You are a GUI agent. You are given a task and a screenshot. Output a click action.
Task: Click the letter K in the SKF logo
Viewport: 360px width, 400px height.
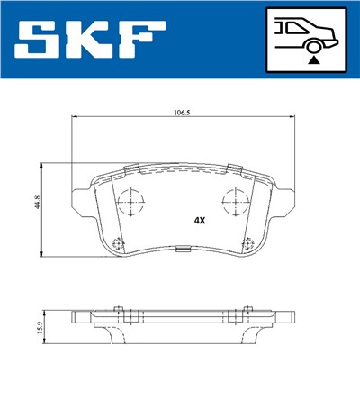(x=93, y=40)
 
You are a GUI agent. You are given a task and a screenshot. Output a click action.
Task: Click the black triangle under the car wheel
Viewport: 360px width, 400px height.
(x=313, y=59)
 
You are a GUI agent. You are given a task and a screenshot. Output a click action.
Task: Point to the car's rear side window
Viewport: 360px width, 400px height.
(x=291, y=27)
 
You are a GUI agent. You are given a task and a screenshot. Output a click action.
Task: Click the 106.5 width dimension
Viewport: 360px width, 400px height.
(x=180, y=113)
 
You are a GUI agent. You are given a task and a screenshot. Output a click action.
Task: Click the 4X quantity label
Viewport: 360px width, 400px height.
(x=199, y=220)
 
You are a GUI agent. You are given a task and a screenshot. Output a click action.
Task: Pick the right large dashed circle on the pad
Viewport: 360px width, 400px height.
(x=236, y=203)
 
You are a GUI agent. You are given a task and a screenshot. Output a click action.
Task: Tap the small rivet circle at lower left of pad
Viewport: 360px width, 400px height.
(x=120, y=241)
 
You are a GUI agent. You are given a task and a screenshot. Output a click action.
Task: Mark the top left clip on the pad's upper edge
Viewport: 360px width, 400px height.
(x=130, y=168)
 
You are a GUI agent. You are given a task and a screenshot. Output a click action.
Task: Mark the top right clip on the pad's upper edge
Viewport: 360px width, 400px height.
(x=236, y=168)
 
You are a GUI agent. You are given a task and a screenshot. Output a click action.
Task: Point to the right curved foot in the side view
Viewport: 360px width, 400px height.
(x=255, y=334)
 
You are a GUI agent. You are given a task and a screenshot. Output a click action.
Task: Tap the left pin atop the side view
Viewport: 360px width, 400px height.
(x=120, y=310)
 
